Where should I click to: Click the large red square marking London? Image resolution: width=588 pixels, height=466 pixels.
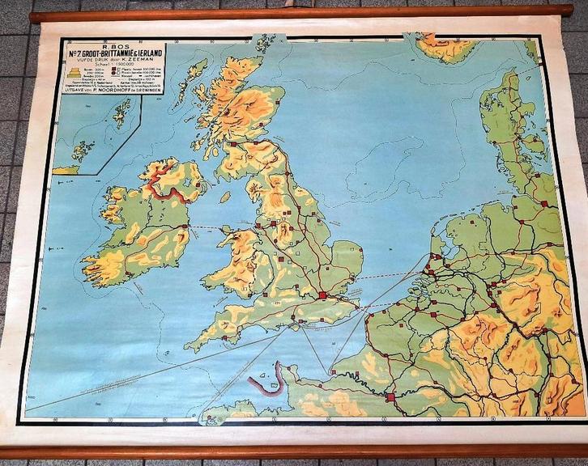pos(324,295)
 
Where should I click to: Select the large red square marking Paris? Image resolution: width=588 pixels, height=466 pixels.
pos(391,397)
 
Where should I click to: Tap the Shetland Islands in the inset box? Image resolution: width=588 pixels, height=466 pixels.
pos(123,112)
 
